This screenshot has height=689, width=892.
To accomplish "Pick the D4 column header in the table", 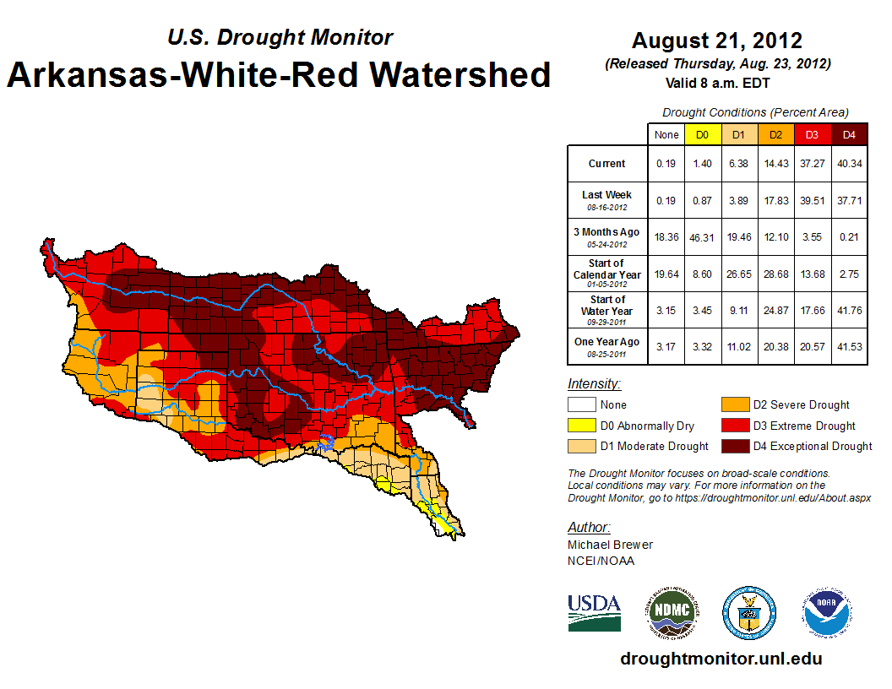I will (x=849, y=134).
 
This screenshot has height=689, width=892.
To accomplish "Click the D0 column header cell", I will (x=701, y=134).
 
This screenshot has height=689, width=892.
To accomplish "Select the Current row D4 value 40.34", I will (x=849, y=164).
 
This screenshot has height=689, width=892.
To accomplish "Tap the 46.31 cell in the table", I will (x=701, y=237).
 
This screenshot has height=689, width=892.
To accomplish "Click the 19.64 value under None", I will (x=666, y=274).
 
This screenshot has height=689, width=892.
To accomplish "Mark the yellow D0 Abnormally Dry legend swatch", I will (x=581, y=426).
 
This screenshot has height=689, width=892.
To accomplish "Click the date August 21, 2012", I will (x=716, y=40).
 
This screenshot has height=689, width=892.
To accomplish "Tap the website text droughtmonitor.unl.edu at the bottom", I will (x=721, y=659).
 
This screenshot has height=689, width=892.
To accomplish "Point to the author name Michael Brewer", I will (x=610, y=545).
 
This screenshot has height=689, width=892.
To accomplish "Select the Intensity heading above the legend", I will (x=594, y=384).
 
